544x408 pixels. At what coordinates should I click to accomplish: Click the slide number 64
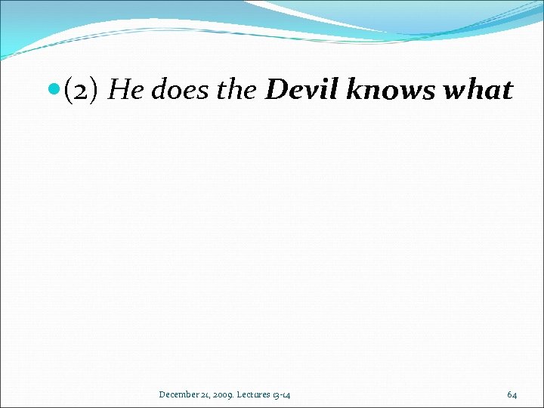512,394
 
